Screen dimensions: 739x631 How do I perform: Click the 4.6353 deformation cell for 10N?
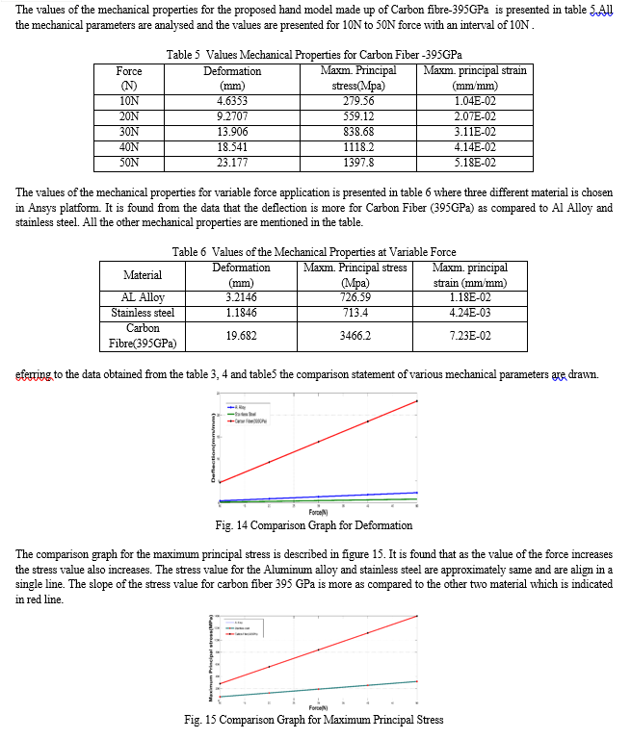pos(232,101)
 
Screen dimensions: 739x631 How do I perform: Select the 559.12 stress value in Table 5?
pos(358,116)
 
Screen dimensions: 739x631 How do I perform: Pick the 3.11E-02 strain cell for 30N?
pos(475,132)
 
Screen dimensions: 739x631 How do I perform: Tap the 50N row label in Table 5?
pos(129,163)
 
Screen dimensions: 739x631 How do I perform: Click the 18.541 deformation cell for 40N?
pos(232,147)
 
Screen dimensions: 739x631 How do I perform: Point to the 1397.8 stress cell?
pos(358,163)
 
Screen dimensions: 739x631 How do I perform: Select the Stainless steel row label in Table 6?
pos(143,313)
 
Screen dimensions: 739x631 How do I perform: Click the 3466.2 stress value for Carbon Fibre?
pos(355,336)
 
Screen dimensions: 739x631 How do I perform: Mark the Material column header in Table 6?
pos(143,275)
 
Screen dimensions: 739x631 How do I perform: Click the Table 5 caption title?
pos(320,55)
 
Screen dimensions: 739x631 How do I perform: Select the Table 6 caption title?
pos(314,252)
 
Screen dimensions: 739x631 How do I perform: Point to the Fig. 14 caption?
pos(314,525)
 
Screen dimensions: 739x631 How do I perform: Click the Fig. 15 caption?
pos(314,720)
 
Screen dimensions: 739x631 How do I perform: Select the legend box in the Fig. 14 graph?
pos(248,415)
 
